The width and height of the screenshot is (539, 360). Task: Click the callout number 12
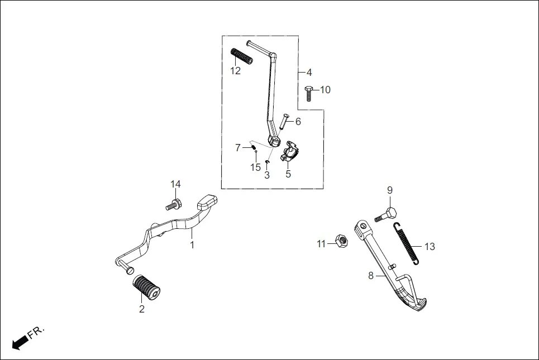coord(236,71)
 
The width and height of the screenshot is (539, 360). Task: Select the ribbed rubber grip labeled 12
coord(242,56)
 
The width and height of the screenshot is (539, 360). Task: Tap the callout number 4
coord(309,73)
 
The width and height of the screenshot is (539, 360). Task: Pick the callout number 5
coord(288,174)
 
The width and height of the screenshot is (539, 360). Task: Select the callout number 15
coord(255,167)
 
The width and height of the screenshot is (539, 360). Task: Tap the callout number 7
coord(238,148)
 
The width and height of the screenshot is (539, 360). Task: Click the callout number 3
coord(267,175)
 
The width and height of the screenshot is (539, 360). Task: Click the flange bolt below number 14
coord(173,205)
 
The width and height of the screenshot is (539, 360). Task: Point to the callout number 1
coord(192,245)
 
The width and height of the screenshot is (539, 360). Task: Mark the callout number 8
coord(370,275)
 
